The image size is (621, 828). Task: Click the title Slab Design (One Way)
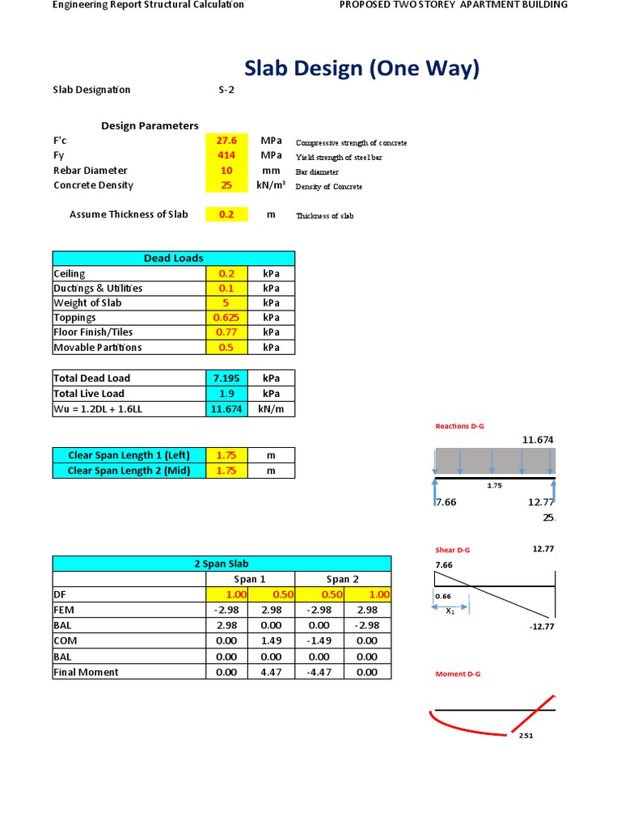click(361, 70)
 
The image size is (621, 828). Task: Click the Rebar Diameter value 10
click(226, 171)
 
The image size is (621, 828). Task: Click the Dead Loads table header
click(174, 259)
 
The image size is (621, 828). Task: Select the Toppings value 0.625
click(226, 318)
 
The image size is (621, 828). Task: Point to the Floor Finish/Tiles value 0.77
click(226, 332)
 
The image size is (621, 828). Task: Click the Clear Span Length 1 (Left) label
click(129, 455)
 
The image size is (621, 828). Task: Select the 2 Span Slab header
click(222, 564)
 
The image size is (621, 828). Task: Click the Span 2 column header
click(343, 579)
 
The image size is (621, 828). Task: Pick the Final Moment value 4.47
click(271, 672)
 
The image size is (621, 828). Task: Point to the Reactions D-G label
click(459, 426)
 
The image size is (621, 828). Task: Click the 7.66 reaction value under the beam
click(446, 502)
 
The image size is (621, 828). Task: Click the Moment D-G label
click(458, 674)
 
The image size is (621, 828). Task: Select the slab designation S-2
click(226, 90)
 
